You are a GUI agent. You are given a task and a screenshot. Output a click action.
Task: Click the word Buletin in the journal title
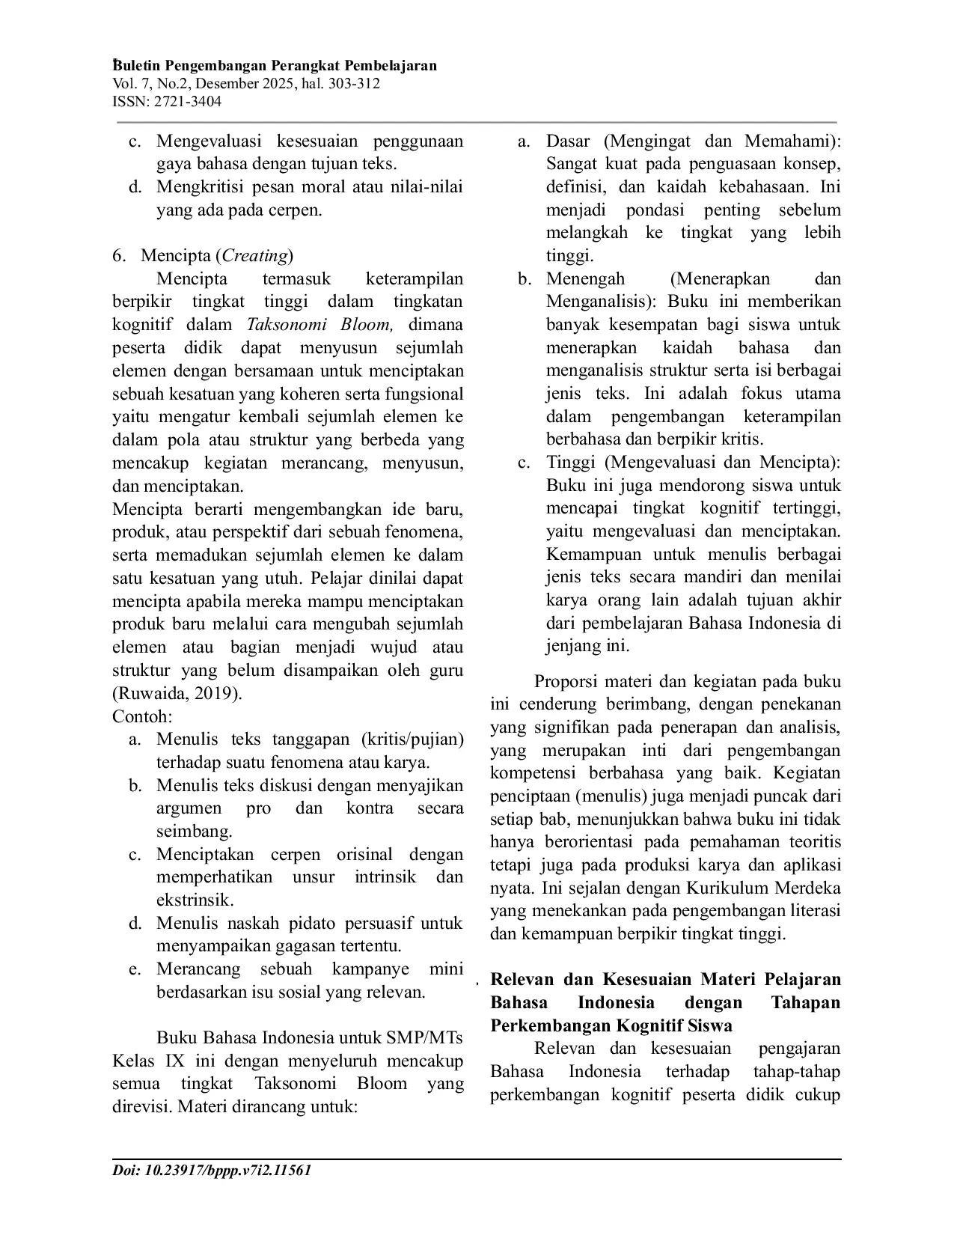pos(136,66)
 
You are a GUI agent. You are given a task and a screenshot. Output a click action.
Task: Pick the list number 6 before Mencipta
pos(117,256)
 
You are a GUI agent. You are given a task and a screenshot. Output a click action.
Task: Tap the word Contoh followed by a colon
pos(142,716)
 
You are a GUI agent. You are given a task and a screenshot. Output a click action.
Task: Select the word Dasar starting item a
pos(568,141)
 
